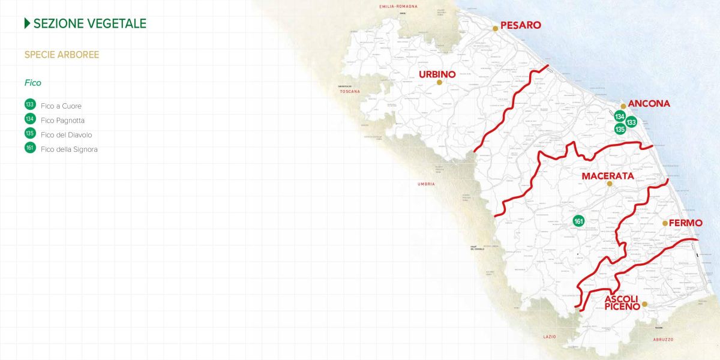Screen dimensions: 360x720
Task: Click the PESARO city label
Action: click(520, 25)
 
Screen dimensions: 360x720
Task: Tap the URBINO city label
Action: click(437, 74)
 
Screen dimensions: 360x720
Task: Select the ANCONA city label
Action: click(649, 104)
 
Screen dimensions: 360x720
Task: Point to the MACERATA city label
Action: click(608, 176)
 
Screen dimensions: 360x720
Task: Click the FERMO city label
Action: click(685, 223)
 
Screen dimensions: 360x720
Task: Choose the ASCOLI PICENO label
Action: click(622, 302)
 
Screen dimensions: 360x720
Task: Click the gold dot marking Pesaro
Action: click(495, 28)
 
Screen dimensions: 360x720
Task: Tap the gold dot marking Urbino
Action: click(439, 83)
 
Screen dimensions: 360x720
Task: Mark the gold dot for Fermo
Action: click(665, 223)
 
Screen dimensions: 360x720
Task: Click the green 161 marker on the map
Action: click(578, 221)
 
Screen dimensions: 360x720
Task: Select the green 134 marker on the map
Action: click(620, 116)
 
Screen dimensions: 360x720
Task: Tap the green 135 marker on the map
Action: click(620, 128)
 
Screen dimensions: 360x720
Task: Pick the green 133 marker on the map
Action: click(631, 122)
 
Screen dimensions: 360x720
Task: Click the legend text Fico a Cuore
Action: click(61, 106)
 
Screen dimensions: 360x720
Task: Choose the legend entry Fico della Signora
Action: click(69, 149)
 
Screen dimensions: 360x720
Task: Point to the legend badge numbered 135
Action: click(30, 133)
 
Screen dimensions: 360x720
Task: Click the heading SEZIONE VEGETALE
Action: click(89, 23)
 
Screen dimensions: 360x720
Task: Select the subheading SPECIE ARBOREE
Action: click(62, 55)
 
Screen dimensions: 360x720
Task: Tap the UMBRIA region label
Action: click(426, 184)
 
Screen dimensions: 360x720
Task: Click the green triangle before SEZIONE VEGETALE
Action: click(27, 23)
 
